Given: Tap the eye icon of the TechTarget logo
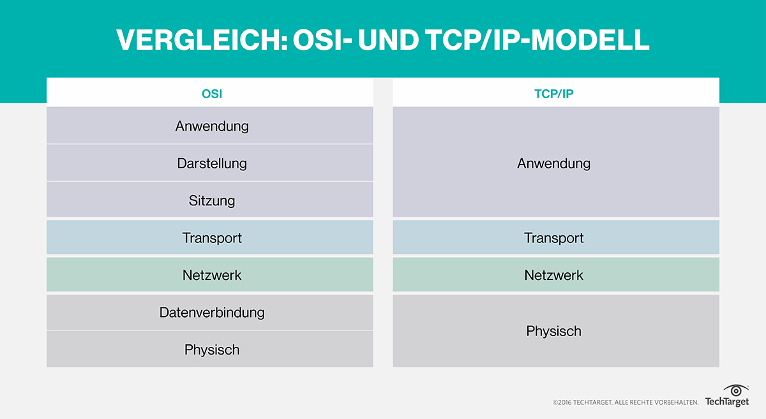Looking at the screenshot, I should [x=735, y=390].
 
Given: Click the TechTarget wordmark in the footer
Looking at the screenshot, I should [x=726, y=402].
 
